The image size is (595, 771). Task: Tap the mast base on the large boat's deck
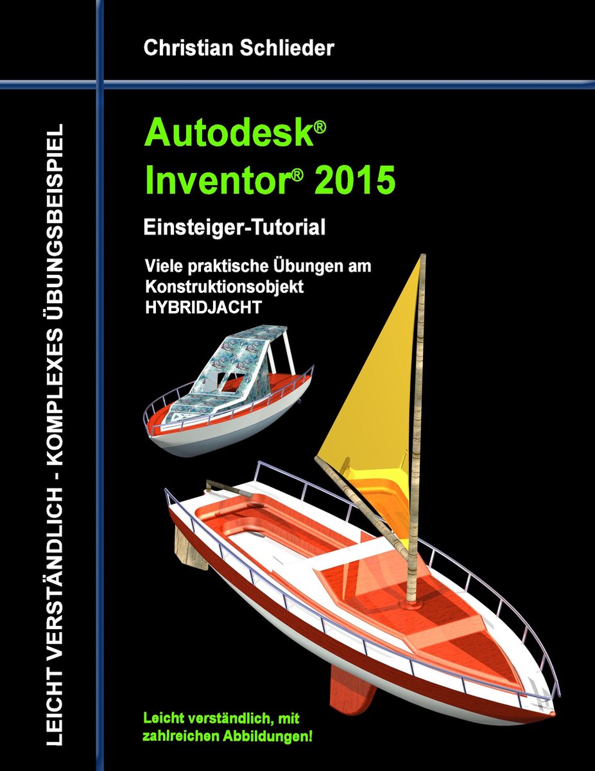pyautogui.click(x=408, y=604)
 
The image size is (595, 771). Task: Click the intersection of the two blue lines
pyautogui.click(x=100, y=82)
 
